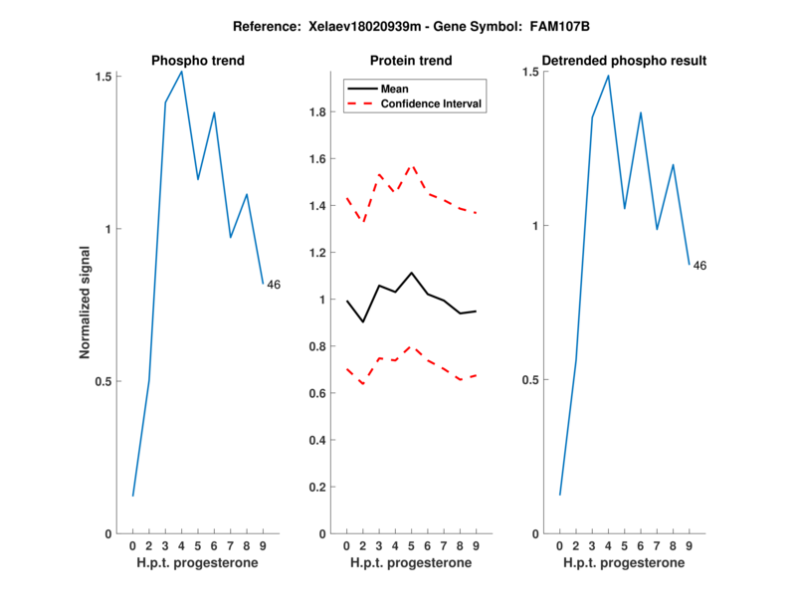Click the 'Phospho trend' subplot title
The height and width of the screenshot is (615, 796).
click(x=197, y=61)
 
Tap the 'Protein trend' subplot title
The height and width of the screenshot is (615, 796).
click(x=411, y=61)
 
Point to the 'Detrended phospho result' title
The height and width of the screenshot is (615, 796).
click(x=625, y=61)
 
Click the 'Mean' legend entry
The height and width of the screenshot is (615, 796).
click(x=395, y=89)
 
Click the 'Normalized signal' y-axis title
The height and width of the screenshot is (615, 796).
click(x=86, y=305)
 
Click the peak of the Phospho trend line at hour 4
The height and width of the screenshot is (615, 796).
click(x=181, y=71)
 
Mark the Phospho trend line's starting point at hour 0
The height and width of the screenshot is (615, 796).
click(x=132, y=496)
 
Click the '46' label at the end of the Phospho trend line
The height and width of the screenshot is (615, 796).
click(x=274, y=285)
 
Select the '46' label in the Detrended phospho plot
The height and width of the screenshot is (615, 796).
click(x=699, y=266)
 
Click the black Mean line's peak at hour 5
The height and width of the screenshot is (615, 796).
click(x=411, y=272)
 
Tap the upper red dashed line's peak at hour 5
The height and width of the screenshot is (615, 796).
click(x=411, y=164)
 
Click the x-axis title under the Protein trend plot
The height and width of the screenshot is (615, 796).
click(x=411, y=563)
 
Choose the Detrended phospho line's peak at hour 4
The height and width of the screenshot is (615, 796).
click(x=608, y=76)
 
